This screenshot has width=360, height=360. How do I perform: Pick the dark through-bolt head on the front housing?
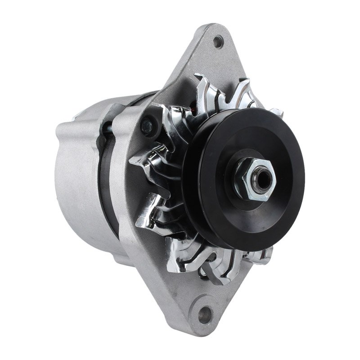click(146, 126)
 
